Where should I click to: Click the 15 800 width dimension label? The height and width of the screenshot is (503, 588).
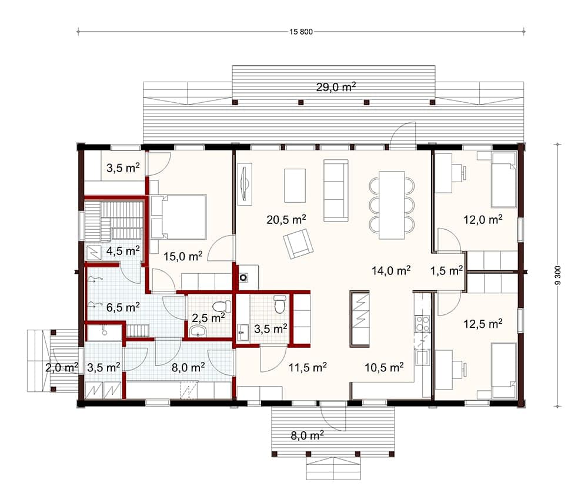click(x=300, y=32)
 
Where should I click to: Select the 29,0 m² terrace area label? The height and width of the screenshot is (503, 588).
click(x=336, y=88)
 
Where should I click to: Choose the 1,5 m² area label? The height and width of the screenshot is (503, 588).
click(x=446, y=270)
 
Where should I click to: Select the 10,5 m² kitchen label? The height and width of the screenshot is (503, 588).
click(x=384, y=367)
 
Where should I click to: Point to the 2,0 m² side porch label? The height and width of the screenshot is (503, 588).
click(x=62, y=368)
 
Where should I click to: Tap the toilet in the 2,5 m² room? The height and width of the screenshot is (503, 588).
click(x=220, y=307)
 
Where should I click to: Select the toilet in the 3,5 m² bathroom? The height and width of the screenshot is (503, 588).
click(x=280, y=304)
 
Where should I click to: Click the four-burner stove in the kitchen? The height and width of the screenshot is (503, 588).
click(x=423, y=323)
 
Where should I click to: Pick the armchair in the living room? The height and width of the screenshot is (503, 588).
click(x=298, y=243)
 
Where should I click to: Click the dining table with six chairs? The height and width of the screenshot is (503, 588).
click(x=392, y=204)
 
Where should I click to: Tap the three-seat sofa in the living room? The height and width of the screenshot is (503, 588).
click(x=336, y=190)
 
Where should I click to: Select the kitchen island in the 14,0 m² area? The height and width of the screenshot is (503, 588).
click(x=359, y=318)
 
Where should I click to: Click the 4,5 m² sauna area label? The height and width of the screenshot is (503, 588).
click(x=122, y=251)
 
